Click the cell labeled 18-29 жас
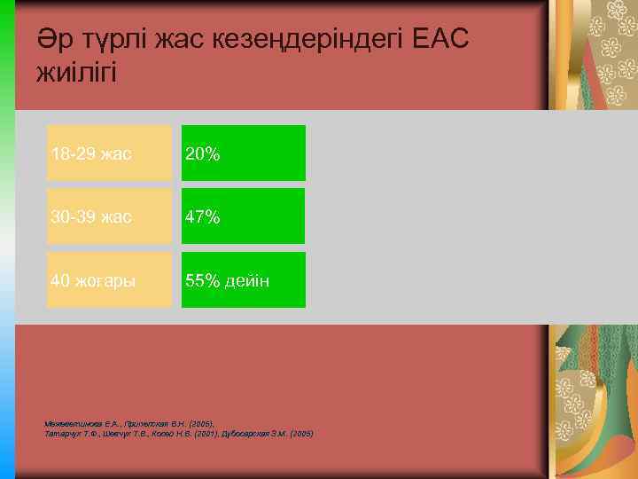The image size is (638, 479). pyautogui.click(x=110, y=153)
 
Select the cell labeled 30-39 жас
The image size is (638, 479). pyautogui.click(x=110, y=216)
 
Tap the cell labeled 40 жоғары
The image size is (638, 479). pyautogui.click(x=110, y=280)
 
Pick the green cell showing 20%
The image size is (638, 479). pyautogui.click(x=244, y=153)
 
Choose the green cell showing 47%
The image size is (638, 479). pyautogui.click(x=244, y=216)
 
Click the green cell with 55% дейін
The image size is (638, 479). pyautogui.click(x=244, y=280)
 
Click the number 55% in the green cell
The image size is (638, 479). pyautogui.click(x=203, y=281)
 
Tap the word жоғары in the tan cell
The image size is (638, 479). pyautogui.click(x=105, y=281)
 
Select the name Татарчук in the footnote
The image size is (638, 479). pyautogui.click(x=61, y=434)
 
